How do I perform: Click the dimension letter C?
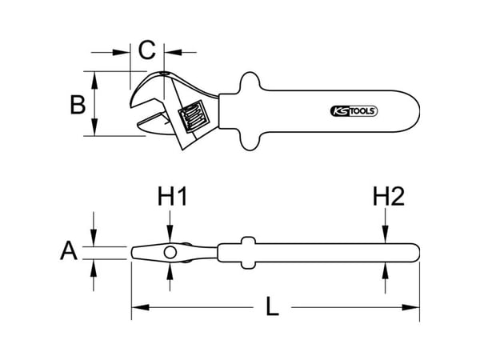pos(147,50)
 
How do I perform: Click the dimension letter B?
pos(78,104)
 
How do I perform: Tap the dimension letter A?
pos(69,250)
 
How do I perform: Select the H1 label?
pos(172,196)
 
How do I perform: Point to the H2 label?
pos(389,196)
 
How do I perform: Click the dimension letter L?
pos(272,306)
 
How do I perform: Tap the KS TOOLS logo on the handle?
pos(354,111)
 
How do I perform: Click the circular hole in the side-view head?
pos(170,253)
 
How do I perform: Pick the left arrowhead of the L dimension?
pos(140,307)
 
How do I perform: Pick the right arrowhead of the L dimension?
pos(410,307)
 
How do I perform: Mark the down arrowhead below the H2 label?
pos(386,234)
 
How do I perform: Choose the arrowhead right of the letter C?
pos(173,52)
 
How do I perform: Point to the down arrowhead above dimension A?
pos(94,238)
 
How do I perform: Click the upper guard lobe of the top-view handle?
pos(250,82)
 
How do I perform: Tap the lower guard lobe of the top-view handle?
pos(250,141)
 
